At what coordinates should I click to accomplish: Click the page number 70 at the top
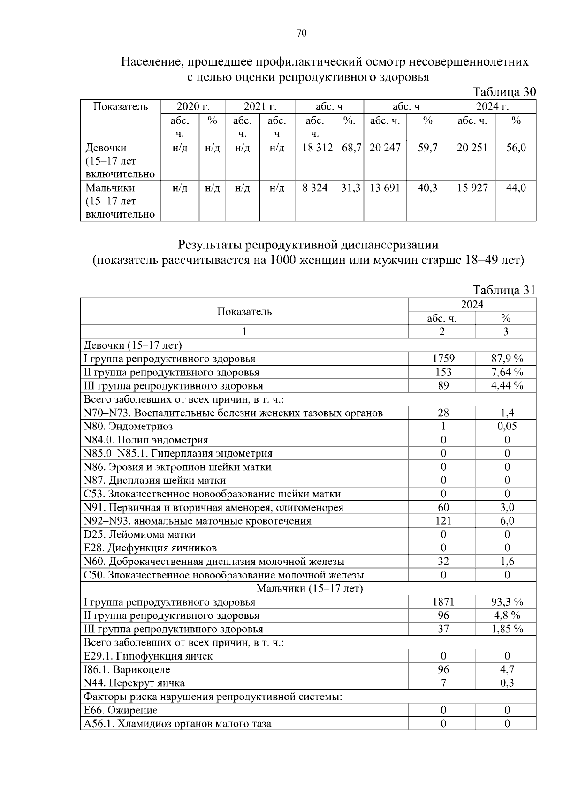point(301,33)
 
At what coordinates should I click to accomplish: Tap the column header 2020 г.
point(193,106)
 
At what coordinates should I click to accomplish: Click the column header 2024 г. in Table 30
point(492,106)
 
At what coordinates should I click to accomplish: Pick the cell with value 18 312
point(315,148)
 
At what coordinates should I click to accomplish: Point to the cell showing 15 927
point(472,188)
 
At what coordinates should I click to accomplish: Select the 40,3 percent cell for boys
point(427,188)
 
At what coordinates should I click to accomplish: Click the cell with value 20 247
point(385,148)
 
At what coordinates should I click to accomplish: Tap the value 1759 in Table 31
point(443,359)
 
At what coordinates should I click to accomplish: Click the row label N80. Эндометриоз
point(128,427)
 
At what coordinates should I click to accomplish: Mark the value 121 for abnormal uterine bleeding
point(443,521)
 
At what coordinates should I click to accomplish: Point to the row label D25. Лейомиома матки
point(139,534)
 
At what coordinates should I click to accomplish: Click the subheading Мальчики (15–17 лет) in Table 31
point(309,588)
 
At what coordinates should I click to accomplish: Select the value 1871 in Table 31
point(443,602)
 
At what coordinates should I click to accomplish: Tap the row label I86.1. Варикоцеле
point(127,670)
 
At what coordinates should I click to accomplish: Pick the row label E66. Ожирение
point(121,710)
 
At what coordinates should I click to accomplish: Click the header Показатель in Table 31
point(244,312)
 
